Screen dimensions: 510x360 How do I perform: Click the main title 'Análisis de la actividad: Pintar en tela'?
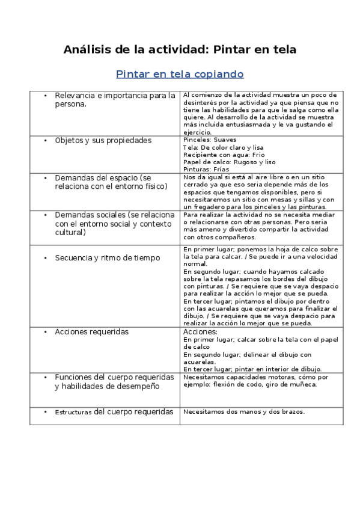[x=180, y=49]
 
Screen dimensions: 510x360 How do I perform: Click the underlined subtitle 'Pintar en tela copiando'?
[x=180, y=75]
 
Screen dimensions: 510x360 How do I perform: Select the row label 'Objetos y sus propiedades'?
[x=103, y=140]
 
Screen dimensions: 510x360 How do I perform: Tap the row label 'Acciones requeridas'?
[x=91, y=331]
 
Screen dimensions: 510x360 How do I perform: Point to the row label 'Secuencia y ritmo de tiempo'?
[x=107, y=257]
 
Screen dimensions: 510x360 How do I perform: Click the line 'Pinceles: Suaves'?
[x=206, y=140]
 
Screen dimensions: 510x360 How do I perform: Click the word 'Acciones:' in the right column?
[x=200, y=331]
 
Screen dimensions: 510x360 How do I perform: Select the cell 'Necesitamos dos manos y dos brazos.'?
[x=244, y=412]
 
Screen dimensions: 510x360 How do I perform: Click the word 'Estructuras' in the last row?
[x=73, y=413]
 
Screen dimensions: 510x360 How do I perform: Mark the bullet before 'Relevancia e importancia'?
[x=46, y=96]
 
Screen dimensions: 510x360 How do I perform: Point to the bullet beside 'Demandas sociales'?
[x=46, y=215]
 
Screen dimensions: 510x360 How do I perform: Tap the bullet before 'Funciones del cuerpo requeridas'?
[x=46, y=377]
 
